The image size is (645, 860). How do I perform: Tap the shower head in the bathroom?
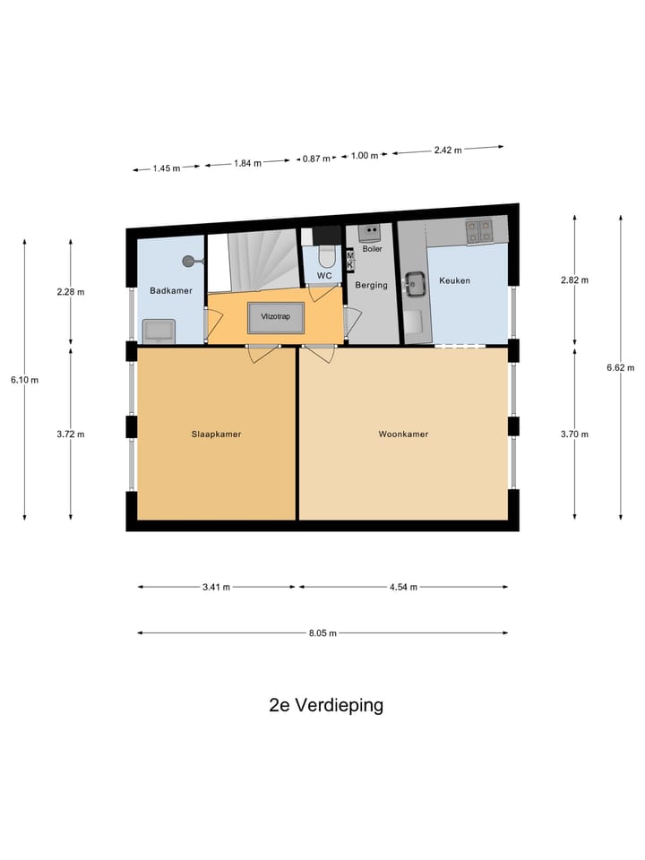click(189, 262)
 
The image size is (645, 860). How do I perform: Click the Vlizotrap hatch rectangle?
click(276, 317)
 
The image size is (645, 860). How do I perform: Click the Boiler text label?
click(372, 249)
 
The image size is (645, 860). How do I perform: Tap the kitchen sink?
click(415, 285)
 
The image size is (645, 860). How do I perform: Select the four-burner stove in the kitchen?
click(478, 230)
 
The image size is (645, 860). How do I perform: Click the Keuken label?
click(454, 280)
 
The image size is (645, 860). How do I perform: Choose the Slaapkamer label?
click(216, 434)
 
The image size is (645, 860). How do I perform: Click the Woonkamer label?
click(403, 434)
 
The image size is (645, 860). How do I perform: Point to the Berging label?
click(371, 285)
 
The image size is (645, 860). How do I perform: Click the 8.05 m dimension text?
click(322, 633)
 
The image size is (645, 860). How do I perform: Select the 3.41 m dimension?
click(216, 587)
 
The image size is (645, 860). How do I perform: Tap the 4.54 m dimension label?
click(403, 587)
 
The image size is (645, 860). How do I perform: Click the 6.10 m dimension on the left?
click(24, 380)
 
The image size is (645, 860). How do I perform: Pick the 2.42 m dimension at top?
click(448, 150)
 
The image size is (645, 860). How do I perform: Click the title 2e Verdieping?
click(326, 705)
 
